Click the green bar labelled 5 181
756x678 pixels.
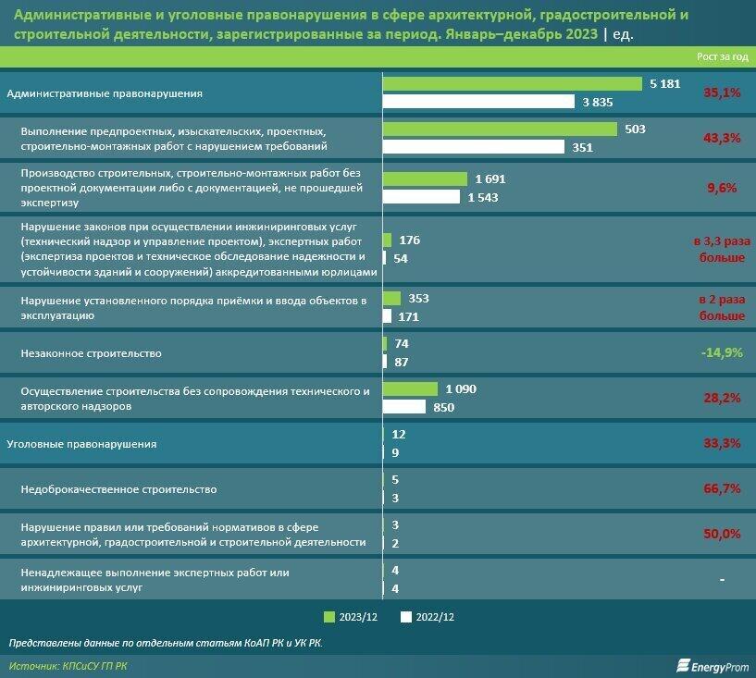[513, 84]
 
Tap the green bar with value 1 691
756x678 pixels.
[426, 179]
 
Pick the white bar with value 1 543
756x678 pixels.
[421, 196]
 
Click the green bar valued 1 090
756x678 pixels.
[411, 389]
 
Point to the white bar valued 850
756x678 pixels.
[404, 407]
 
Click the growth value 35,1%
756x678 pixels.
[722, 93]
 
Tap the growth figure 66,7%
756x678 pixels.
[722, 488]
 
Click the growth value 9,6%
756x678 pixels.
[722, 188]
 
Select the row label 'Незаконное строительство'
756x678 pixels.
[91, 353]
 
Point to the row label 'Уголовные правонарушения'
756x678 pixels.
[81, 444]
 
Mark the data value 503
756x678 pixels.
[635, 129]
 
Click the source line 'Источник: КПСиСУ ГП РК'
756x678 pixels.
[69, 665]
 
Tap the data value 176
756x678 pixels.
[409, 240]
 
